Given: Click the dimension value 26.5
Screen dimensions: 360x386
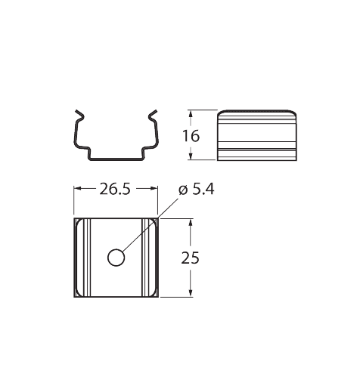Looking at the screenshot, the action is tap(115, 189).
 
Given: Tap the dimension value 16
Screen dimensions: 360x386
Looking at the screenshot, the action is tap(191, 136).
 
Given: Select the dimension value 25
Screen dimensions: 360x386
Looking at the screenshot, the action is tap(190, 258).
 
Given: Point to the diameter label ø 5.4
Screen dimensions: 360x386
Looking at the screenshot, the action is tap(197, 190).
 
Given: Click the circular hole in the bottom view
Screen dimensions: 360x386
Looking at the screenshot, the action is tap(116, 258).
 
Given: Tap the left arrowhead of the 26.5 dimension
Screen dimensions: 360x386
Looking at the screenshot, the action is tap(78, 188).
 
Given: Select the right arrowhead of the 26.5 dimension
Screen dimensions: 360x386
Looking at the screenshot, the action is tap(154, 188).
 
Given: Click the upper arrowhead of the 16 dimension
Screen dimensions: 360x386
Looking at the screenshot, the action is tap(191, 114).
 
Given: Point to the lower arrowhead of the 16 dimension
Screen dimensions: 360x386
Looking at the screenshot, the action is tap(191, 156).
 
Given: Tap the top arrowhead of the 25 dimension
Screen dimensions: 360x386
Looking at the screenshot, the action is tap(191, 223).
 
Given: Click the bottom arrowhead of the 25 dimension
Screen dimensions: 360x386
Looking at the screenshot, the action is tap(191, 292).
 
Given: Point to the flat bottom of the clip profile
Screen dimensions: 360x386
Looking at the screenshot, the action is tap(116, 159).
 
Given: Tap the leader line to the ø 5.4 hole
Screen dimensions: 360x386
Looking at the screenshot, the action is tap(151, 224).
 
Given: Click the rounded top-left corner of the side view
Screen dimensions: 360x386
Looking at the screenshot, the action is tap(220, 113).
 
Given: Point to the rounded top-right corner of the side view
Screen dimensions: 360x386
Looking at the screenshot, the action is tap(293, 113).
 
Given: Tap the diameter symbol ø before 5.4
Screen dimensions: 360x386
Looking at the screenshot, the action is tap(184, 190).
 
